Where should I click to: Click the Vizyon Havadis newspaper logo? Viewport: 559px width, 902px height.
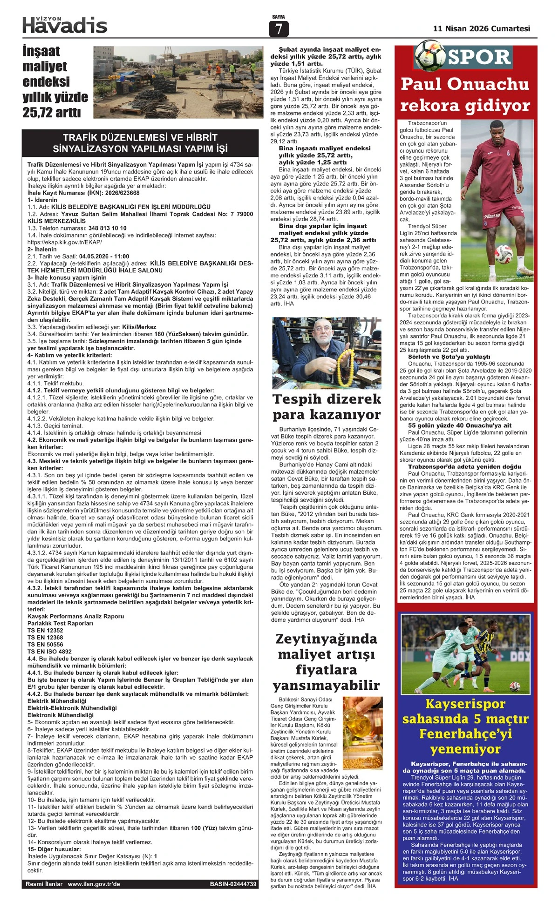65,25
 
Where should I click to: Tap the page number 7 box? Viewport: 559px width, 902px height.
279,29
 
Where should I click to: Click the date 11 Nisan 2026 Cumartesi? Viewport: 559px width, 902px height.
481,28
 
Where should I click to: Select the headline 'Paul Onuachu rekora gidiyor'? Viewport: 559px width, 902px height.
465,94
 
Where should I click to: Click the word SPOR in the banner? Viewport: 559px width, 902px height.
479,57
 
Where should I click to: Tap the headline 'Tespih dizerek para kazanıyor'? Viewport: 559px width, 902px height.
327,406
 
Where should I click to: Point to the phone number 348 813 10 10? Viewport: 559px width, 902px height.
107,228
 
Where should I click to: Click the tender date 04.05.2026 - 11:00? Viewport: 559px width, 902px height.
104,256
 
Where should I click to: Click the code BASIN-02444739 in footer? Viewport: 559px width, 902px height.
233,884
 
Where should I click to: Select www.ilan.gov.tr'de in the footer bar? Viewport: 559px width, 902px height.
94,884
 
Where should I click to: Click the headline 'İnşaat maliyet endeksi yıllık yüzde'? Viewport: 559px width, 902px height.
55,81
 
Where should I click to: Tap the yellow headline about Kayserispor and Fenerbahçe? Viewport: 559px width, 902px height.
465,726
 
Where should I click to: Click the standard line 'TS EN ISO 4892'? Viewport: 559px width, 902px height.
49,652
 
